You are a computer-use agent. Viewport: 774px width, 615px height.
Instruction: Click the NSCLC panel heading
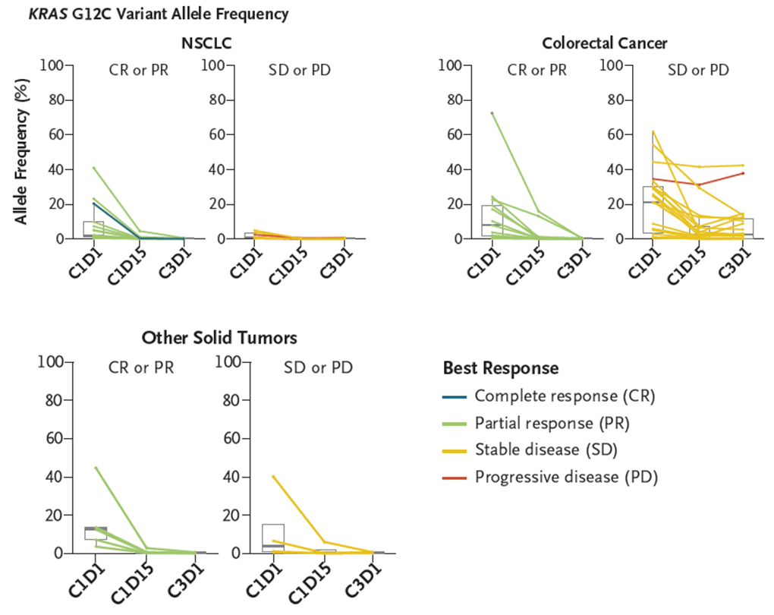pos(206,43)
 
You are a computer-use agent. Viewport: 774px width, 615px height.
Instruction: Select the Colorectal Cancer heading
pos(605,43)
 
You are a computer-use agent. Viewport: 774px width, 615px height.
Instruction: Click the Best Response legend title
pos(501,368)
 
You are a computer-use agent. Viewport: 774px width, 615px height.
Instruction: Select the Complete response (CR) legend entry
pos(565,396)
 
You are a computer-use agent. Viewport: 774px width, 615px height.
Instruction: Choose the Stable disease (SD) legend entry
pos(546,450)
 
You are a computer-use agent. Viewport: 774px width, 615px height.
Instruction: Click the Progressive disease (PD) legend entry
pos(566,477)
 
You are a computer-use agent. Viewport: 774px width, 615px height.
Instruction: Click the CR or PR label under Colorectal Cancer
pos(537,71)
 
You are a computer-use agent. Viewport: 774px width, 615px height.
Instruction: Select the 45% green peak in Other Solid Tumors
pos(96,468)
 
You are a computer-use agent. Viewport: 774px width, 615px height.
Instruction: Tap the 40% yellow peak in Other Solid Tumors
pos(273,476)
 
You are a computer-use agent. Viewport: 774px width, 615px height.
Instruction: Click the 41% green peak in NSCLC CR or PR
pos(93,167)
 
